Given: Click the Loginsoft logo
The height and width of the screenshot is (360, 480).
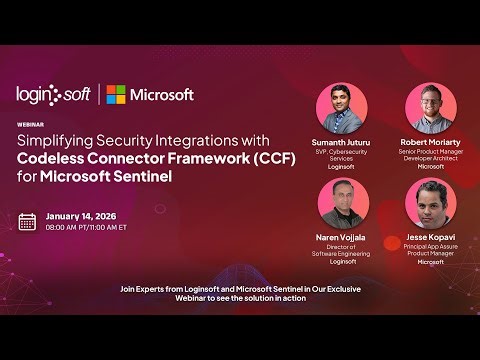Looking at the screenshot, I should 52,94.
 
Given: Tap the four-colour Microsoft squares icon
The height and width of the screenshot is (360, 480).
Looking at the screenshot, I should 117,95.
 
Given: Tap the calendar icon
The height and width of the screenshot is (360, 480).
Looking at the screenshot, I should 28,221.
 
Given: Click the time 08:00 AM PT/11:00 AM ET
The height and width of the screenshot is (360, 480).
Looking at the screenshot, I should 87,228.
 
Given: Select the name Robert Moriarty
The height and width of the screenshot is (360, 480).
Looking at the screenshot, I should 431,143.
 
